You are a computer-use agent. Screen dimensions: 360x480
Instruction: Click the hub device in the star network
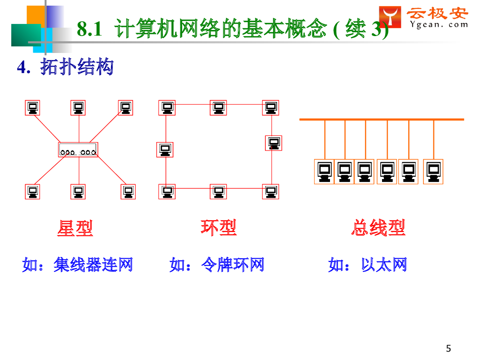click(x=78, y=150)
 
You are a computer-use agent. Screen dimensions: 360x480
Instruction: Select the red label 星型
click(x=75, y=228)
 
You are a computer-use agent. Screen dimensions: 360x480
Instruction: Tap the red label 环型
click(x=218, y=228)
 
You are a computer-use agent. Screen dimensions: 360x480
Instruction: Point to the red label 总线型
click(x=378, y=228)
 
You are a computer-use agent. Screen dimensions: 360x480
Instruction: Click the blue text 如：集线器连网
click(x=78, y=265)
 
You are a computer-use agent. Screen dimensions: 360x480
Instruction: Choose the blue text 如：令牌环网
click(x=217, y=265)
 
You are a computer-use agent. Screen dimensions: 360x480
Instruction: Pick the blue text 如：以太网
click(x=367, y=265)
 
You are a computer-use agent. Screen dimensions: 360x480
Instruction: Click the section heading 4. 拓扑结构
click(x=65, y=67)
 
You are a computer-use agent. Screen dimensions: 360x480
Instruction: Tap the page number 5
click(x=449, y=348)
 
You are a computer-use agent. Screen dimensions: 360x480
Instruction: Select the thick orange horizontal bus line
click(x=382, y=120)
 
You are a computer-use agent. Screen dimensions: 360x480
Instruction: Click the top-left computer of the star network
click(x=32, y=108)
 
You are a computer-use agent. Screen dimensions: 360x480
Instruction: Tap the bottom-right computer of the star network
click(x=128, y=191)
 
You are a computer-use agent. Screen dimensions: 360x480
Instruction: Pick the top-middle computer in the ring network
click(x=218, y=108)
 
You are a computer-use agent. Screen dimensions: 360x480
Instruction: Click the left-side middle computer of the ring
click(x=165, y=150)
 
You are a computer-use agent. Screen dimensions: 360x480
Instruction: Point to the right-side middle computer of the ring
click(x=274, y=142)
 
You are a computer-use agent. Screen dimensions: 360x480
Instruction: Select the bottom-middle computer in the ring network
click(x=218, y=191)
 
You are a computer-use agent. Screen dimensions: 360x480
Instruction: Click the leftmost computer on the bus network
click(x=324, y=172)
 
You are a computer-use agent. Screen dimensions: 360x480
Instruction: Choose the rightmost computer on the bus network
click(x=433, y=172)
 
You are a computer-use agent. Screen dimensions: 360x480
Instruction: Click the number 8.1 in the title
click(x=89, y=30)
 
